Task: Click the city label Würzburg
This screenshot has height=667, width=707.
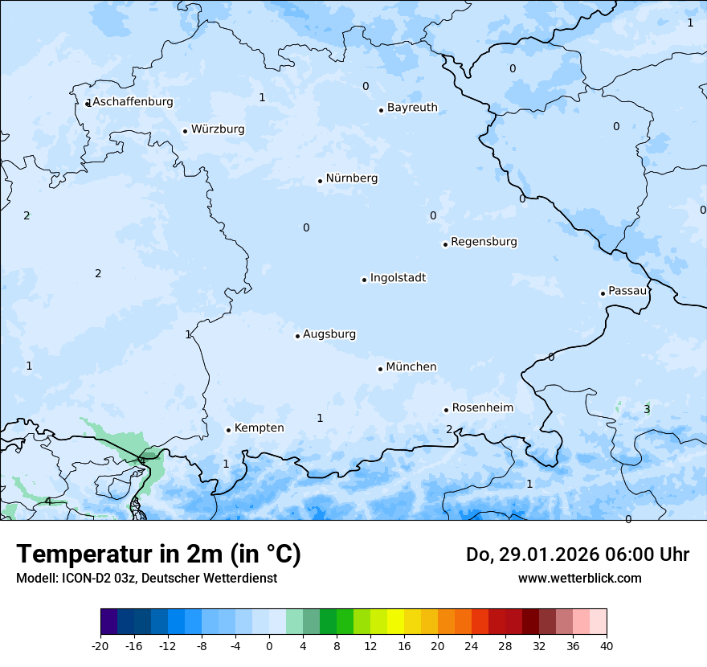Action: pyautogui.click(x=218, y=129)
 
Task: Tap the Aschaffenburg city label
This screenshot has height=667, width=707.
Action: pyautogui.click(x=133, y=102)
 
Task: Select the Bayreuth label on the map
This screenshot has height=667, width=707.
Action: pyautogui.click(x=412, y=108)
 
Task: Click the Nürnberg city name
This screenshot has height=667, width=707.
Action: pyautogui.click(x=351, y=178)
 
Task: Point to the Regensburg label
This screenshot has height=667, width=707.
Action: pyautogui.click(x=484, y=242)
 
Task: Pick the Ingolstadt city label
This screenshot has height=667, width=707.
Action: pyautogui.click(x=398, y=278)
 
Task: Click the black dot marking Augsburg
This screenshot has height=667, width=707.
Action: pyautogui.click(x=297, y=336)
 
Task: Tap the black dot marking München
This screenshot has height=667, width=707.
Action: pyautogui.click(x=380, y=369)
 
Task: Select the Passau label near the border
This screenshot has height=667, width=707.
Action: pyautogui.click(x=627, y=291)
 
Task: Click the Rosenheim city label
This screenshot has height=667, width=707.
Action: pyautogui.click(x=482, y=408)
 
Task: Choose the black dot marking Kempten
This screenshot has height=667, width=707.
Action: pyautogui.click(x=228, y=430)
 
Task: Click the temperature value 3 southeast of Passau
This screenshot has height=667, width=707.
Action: pyautogui.click(x=647, y=410)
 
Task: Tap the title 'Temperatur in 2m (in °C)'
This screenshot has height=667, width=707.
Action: pyautogui.click(x=158, y=554)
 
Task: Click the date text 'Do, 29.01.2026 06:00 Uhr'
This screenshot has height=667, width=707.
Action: pyautogui.click(x=578, y=554)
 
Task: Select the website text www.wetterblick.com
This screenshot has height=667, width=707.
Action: pyautogui.click(x=579, y=579)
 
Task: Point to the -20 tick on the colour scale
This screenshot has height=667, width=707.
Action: pyautogui.click(x=100, y=645)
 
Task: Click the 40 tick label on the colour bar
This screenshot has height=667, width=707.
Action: pyautogui.click(x=607, y=645)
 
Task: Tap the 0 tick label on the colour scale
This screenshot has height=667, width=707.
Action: pyautogui.click(x=269, y=645)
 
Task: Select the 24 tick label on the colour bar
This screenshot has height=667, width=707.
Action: pyautogui.click(x=472, y=645)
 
